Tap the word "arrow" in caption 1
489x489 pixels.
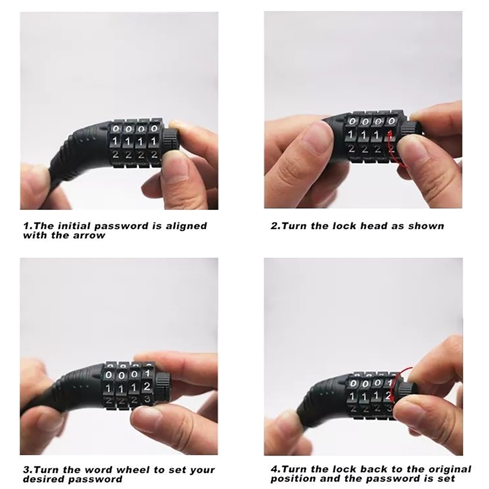89,236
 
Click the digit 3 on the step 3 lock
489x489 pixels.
147,399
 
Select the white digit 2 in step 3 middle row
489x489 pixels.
147,386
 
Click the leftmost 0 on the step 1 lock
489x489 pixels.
116,128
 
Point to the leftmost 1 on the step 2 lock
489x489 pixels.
351,134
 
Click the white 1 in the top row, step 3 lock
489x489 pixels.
147,373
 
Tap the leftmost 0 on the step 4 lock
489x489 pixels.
353,383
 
